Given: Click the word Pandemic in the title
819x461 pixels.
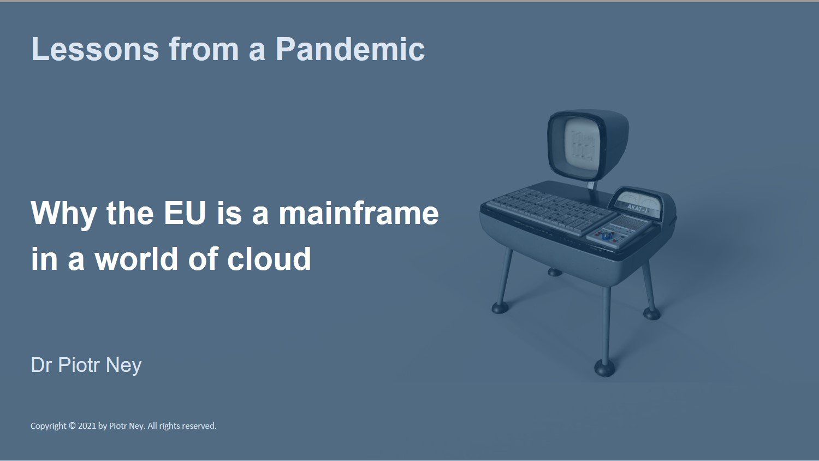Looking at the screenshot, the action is pos(350,49).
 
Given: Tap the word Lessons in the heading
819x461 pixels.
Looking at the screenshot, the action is pos(95,49).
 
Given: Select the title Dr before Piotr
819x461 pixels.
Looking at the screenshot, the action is pos(41,365).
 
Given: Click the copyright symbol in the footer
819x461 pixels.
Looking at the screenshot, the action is pos(72,426).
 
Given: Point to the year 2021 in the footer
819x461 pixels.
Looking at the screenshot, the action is pos(87,426).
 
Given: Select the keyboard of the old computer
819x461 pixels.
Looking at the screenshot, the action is pos(550,211).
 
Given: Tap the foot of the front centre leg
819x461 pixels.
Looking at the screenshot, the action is pos(604,368).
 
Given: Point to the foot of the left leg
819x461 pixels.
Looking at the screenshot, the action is pos(501,308).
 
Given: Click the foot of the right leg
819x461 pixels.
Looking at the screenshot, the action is pos(651,314).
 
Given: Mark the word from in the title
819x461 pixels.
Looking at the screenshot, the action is pos(204,49).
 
